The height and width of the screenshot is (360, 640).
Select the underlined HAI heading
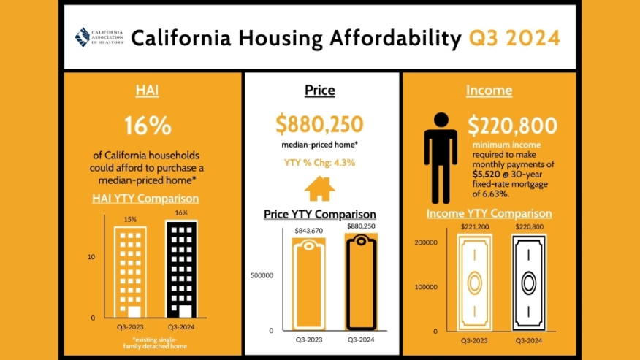[148, 91]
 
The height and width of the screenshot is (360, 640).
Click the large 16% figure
[148, 125]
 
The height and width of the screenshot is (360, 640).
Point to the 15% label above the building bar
[130, 219]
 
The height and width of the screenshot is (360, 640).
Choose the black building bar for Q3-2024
[180, 268]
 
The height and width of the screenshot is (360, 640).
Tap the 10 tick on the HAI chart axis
[91, 257]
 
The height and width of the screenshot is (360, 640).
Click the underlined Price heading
[319, 91]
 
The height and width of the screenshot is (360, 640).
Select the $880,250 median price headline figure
[319, 124]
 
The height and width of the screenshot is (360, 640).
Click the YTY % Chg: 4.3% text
[319, 163]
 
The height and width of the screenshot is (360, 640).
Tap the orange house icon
[319, 188]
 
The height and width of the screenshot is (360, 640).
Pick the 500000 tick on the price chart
[261, 276]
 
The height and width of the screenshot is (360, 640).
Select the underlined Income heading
[489, 91]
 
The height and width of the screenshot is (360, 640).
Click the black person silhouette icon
[441, 157]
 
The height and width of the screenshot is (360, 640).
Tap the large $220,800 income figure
[513, 126]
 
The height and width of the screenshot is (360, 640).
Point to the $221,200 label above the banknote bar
[475, 227]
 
